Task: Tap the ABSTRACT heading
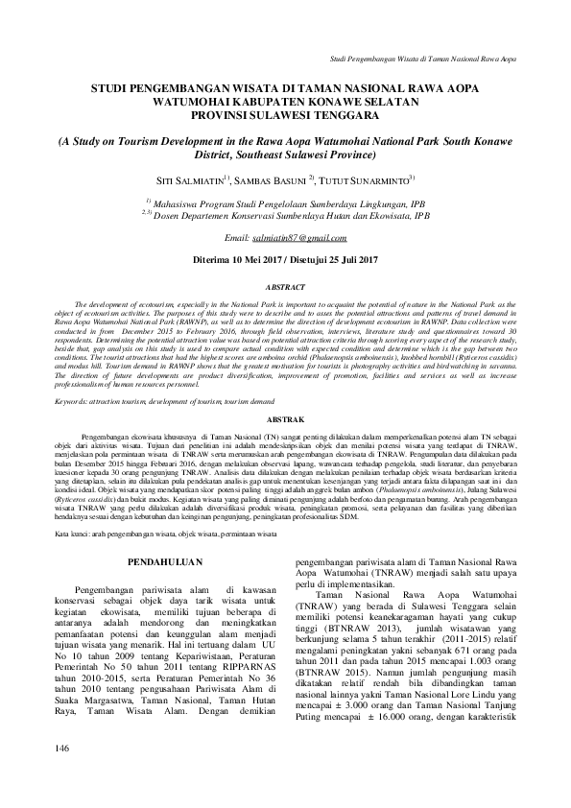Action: [285, 287]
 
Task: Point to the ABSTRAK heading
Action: [285, 419]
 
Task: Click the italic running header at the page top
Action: [422, 59]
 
